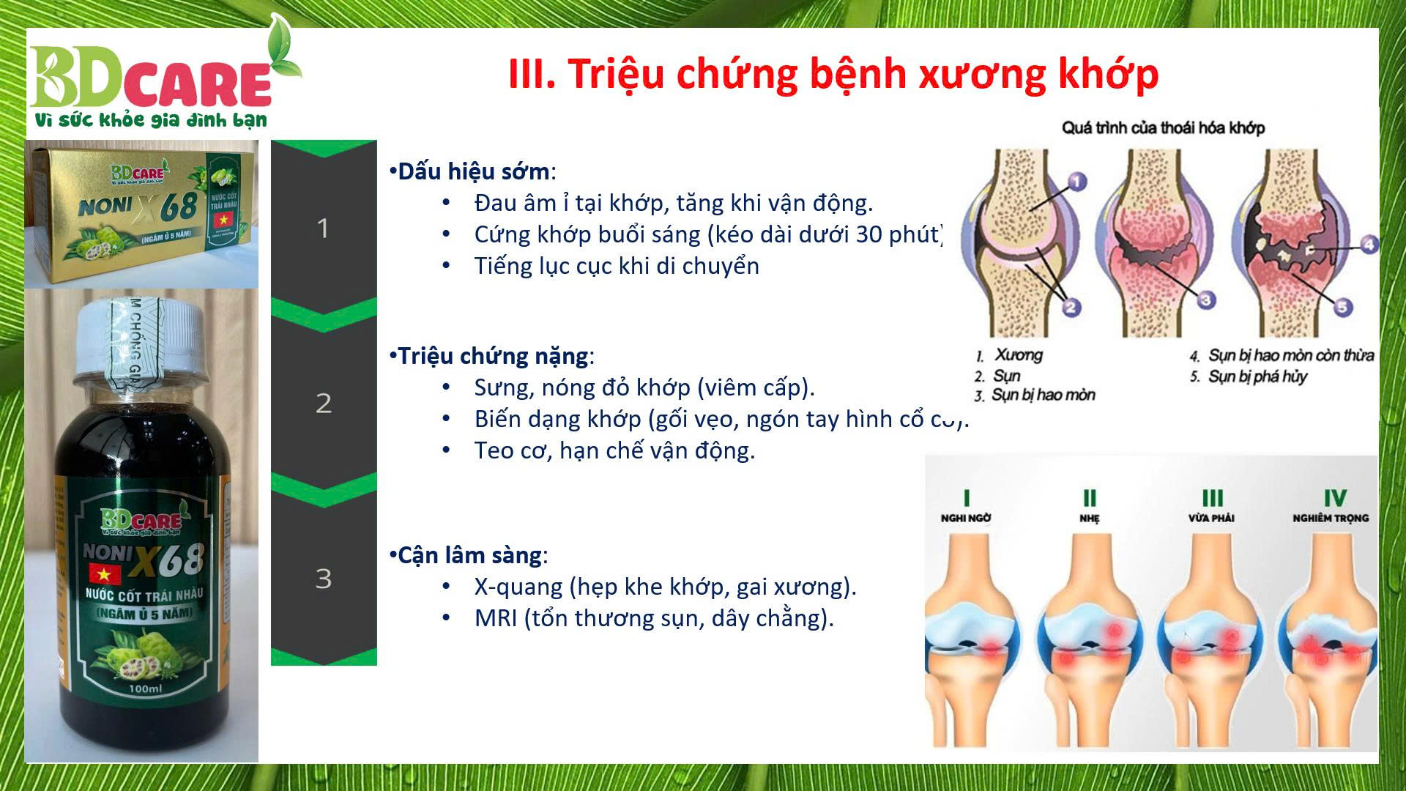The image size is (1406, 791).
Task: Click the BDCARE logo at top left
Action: click(x=154, y=84)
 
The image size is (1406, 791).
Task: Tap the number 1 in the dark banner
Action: click(x=323, y=229)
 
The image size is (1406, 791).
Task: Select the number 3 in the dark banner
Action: click(x=323, y=579)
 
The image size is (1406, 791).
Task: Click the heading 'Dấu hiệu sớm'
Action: click(x=473, y=171)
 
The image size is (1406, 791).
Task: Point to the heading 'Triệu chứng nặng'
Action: click(x=493, y=356)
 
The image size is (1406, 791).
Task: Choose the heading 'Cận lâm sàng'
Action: click(x=469, y=555)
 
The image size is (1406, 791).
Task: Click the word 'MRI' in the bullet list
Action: click(x=496, y=618)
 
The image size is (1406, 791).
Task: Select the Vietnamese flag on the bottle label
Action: click(x=105, y=573)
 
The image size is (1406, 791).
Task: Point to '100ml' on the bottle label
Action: click(x=144, y=688)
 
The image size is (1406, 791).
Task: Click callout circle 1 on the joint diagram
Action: click(x=1076, y=181)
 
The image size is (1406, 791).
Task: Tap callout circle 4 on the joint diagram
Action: click(x=1368, y=244)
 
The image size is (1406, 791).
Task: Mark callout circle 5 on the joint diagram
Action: click(x=1342, y=307)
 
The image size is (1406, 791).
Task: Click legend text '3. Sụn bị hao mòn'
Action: click(x=1035, y=395)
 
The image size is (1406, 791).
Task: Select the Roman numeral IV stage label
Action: click(x=1334, y=499)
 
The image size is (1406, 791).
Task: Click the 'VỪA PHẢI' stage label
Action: click(x=1211, y=518)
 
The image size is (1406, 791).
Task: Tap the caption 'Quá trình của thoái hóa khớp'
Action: click(x=1163, y=127)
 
